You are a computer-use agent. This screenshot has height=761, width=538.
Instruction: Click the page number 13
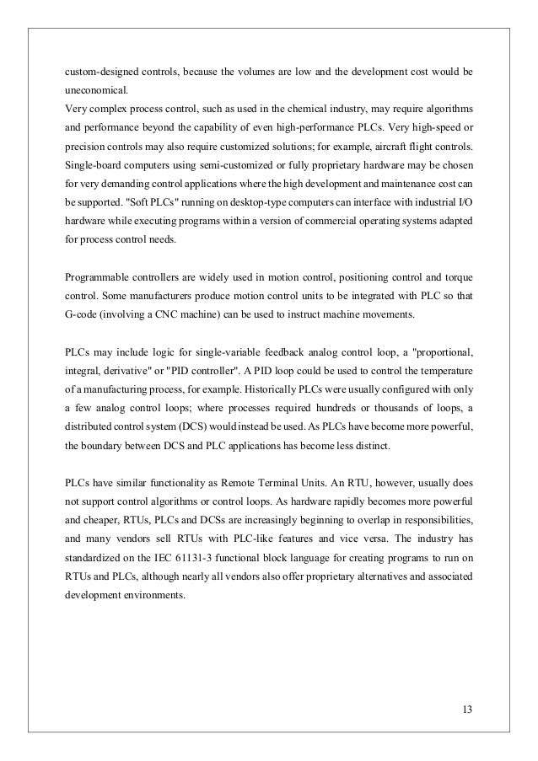(468, 706)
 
